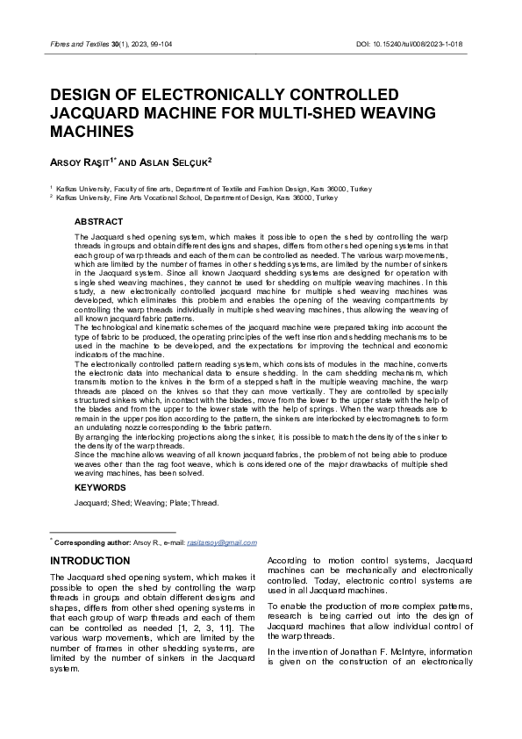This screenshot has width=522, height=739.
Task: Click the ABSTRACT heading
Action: (98, 222)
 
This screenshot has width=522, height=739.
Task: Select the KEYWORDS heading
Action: (100, 487)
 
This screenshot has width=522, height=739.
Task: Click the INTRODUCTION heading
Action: (90, 560)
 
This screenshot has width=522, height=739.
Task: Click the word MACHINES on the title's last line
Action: (92, 132)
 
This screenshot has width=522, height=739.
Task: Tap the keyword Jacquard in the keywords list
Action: (89, 503)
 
